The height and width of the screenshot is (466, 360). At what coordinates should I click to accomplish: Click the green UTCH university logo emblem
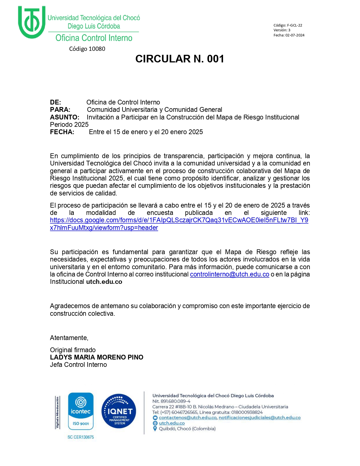pyautogui.click(x=31, y=22)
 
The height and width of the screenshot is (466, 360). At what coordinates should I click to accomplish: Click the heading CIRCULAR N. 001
pyautogui.click(x=180, y=59)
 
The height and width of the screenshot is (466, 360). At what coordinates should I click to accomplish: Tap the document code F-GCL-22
pyautogui.click(x=294, y=25)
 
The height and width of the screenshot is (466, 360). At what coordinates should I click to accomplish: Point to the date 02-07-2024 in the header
pyautogui.click(x=295, y=35)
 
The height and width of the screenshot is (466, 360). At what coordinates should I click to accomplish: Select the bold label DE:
pyautogui.click(x=55, y=102)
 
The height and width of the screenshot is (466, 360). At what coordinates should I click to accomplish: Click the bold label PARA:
pyautogui.click(x=60, y=110)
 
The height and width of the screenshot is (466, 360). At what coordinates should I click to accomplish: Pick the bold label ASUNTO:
pyautogui.click(x=65, y=117)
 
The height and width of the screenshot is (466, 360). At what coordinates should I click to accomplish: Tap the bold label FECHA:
pyautogui.click(x=62, y=132)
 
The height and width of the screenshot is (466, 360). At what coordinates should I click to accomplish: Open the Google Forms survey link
pyautogui.click(x=179, y=220)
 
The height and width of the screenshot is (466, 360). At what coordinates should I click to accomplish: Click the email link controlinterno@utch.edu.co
pyautogui.click(x=230, y=274)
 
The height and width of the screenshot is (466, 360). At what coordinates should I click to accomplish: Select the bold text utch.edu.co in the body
pyautogui.click(x=104, y=282)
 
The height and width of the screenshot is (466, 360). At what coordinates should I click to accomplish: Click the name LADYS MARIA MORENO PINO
pyautogui.click(x=97, y=357)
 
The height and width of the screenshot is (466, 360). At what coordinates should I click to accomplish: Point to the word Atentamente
pyautogui.click(x=69, y=338)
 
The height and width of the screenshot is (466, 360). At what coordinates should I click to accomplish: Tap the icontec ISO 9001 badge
pyautogui.click(x=81, y=411)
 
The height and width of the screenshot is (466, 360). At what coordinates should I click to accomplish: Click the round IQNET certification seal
pyautogui.click(x=119, y=411)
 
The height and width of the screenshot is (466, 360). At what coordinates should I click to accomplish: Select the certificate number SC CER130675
pyautogui.click(x=81, y=437)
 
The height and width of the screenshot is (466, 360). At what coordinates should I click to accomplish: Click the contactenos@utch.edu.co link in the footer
pyautogui.click(x=188, y=418)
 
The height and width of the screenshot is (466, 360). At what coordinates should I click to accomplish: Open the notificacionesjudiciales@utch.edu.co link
pyautogui.click(x=259, y=418)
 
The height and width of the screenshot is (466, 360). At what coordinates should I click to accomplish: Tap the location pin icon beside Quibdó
pyautogui.click(x=155, y=429)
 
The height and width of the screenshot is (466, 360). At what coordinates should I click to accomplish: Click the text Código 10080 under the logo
pyautogui.click(x=87, y=49)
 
